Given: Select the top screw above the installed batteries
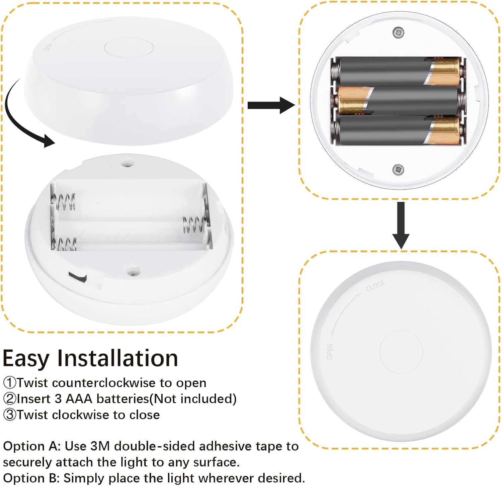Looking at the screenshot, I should (398, 33).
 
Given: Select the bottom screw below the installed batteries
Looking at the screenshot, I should (398, 169).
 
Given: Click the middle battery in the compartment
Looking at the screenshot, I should (398, 100).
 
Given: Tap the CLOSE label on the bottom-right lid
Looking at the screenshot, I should (375, 286).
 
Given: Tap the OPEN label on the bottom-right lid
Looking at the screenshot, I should (330, 351).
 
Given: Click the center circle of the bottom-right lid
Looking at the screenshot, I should (401, 352).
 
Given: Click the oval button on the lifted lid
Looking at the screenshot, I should (129, 47).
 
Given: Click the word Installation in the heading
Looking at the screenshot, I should (117, 358).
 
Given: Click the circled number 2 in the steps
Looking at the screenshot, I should (9, 399).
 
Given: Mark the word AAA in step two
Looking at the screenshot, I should (79, 399).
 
